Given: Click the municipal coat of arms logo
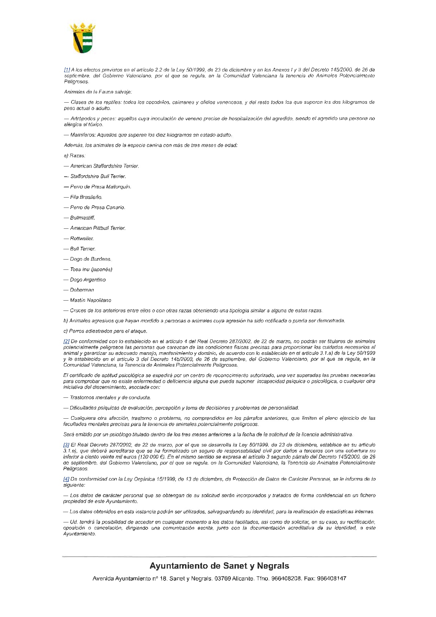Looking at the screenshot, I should click(82, 38).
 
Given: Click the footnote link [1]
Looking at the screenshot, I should click(67, 70).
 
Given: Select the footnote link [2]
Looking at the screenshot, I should click(66, 341).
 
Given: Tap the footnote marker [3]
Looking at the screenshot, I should click(66, 445).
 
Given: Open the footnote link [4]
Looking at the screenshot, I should click(66, 479).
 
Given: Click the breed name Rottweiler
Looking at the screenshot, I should click(82, 238).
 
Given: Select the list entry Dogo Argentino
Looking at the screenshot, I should click(88, 280).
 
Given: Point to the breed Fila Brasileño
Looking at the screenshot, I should click(86, 197).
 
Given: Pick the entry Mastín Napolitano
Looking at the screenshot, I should click(90, 300).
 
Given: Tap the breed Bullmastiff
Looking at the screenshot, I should click(82, 218).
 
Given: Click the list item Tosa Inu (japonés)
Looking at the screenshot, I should click(91, 269).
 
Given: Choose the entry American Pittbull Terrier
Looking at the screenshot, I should click(98, 228).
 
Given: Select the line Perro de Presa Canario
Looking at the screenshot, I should click(97, 207).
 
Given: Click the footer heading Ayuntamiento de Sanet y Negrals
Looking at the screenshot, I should click(219, 566).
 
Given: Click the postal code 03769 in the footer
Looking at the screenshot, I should click(222, 579).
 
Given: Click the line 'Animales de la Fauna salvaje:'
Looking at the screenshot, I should click(98, 92).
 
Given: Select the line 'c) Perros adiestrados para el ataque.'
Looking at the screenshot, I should click(105, 331).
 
